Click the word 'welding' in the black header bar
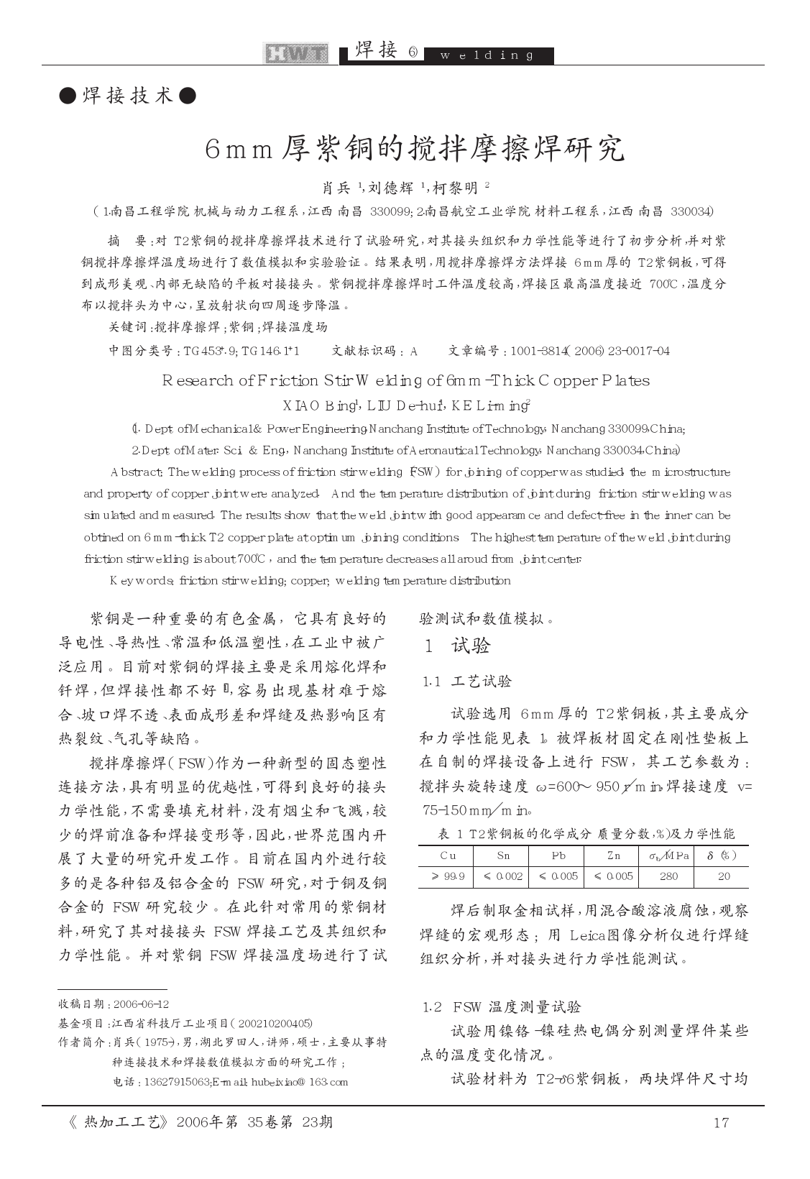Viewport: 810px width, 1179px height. coord(487,56)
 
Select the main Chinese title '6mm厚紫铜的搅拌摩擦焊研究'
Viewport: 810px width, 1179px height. coord(415,150)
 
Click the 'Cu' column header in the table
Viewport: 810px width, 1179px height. coord(447,855)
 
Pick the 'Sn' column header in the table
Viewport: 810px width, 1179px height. coord(502,855)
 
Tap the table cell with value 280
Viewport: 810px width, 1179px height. coord(668,876)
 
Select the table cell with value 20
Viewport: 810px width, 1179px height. coord(724,876)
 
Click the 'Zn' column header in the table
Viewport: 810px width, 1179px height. coord(613,855)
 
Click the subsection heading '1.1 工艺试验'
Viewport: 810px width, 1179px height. coord(467,682)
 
